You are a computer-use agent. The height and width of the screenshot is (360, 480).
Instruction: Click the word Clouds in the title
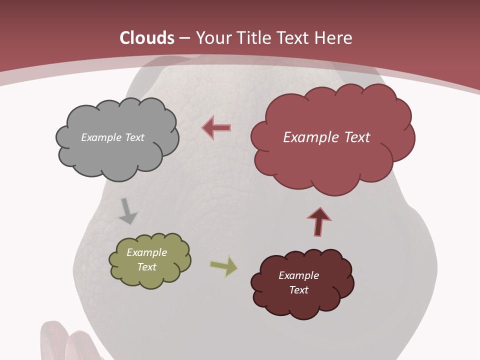click(x=147, y=38)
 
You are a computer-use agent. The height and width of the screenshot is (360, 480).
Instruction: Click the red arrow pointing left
click(x=216, y=127)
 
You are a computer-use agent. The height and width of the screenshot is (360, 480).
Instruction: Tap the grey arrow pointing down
click(x=127, y=211)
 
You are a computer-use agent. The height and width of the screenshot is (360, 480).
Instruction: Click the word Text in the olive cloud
click(x=147, y=267)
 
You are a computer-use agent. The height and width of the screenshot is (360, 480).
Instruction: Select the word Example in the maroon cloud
click(x=298, y=275)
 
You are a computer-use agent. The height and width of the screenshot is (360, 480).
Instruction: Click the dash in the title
click(x=184, y=38)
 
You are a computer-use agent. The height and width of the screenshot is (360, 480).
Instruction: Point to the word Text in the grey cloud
click(x=134, y=137)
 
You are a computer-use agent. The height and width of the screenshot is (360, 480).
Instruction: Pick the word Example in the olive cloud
click(x=147, y=252)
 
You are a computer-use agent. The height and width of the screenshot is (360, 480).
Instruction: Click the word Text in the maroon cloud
click(x=298, y=290)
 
